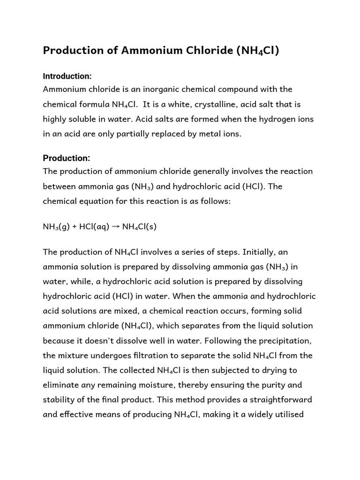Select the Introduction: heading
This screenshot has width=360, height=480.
[x=67, y=76]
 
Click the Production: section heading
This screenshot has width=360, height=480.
[x=66, y=158]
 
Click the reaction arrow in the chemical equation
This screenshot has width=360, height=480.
[x=115, y=226]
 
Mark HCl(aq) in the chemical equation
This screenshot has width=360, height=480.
[x=94, y=227]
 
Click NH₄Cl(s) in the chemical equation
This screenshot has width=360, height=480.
[x=139, y=227]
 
